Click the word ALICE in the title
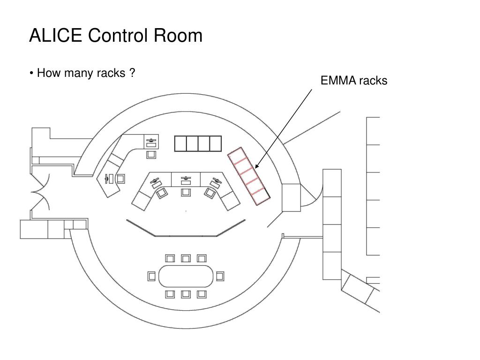[55, 35]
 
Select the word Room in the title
[178, 35]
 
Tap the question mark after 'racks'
[132, 73]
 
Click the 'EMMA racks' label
[354, 81]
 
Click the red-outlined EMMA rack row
[249, 176]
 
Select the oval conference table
[186, 276]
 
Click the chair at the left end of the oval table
[151, 276]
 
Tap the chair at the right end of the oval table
[220, 276]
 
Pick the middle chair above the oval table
[186, 258]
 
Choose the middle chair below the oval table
[186, 294]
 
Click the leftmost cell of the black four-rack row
[180, 143]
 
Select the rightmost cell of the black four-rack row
[216, 143]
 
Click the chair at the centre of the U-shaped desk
[186, 192]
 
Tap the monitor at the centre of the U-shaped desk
[186, 180]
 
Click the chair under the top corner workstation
[151, 155]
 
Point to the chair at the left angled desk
[121, 179]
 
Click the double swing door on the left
[40, 192]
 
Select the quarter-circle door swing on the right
[312, 195]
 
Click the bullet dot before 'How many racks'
[31, 73]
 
